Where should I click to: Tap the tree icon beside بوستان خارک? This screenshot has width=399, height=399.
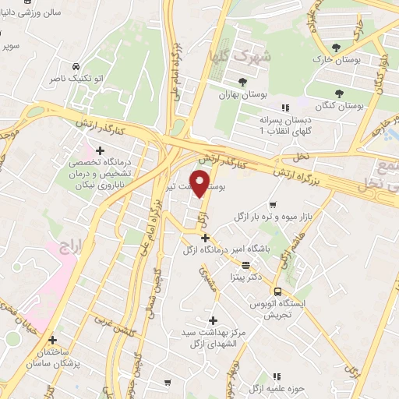pos(336,47)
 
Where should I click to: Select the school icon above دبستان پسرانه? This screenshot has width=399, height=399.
pos(284,108)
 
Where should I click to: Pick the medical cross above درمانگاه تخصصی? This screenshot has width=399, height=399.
pos(100,150)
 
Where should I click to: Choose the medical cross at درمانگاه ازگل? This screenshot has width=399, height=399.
pos(205,238)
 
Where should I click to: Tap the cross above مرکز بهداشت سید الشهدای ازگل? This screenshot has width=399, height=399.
pos(213,320)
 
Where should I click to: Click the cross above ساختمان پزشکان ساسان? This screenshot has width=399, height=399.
pos(52,340)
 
